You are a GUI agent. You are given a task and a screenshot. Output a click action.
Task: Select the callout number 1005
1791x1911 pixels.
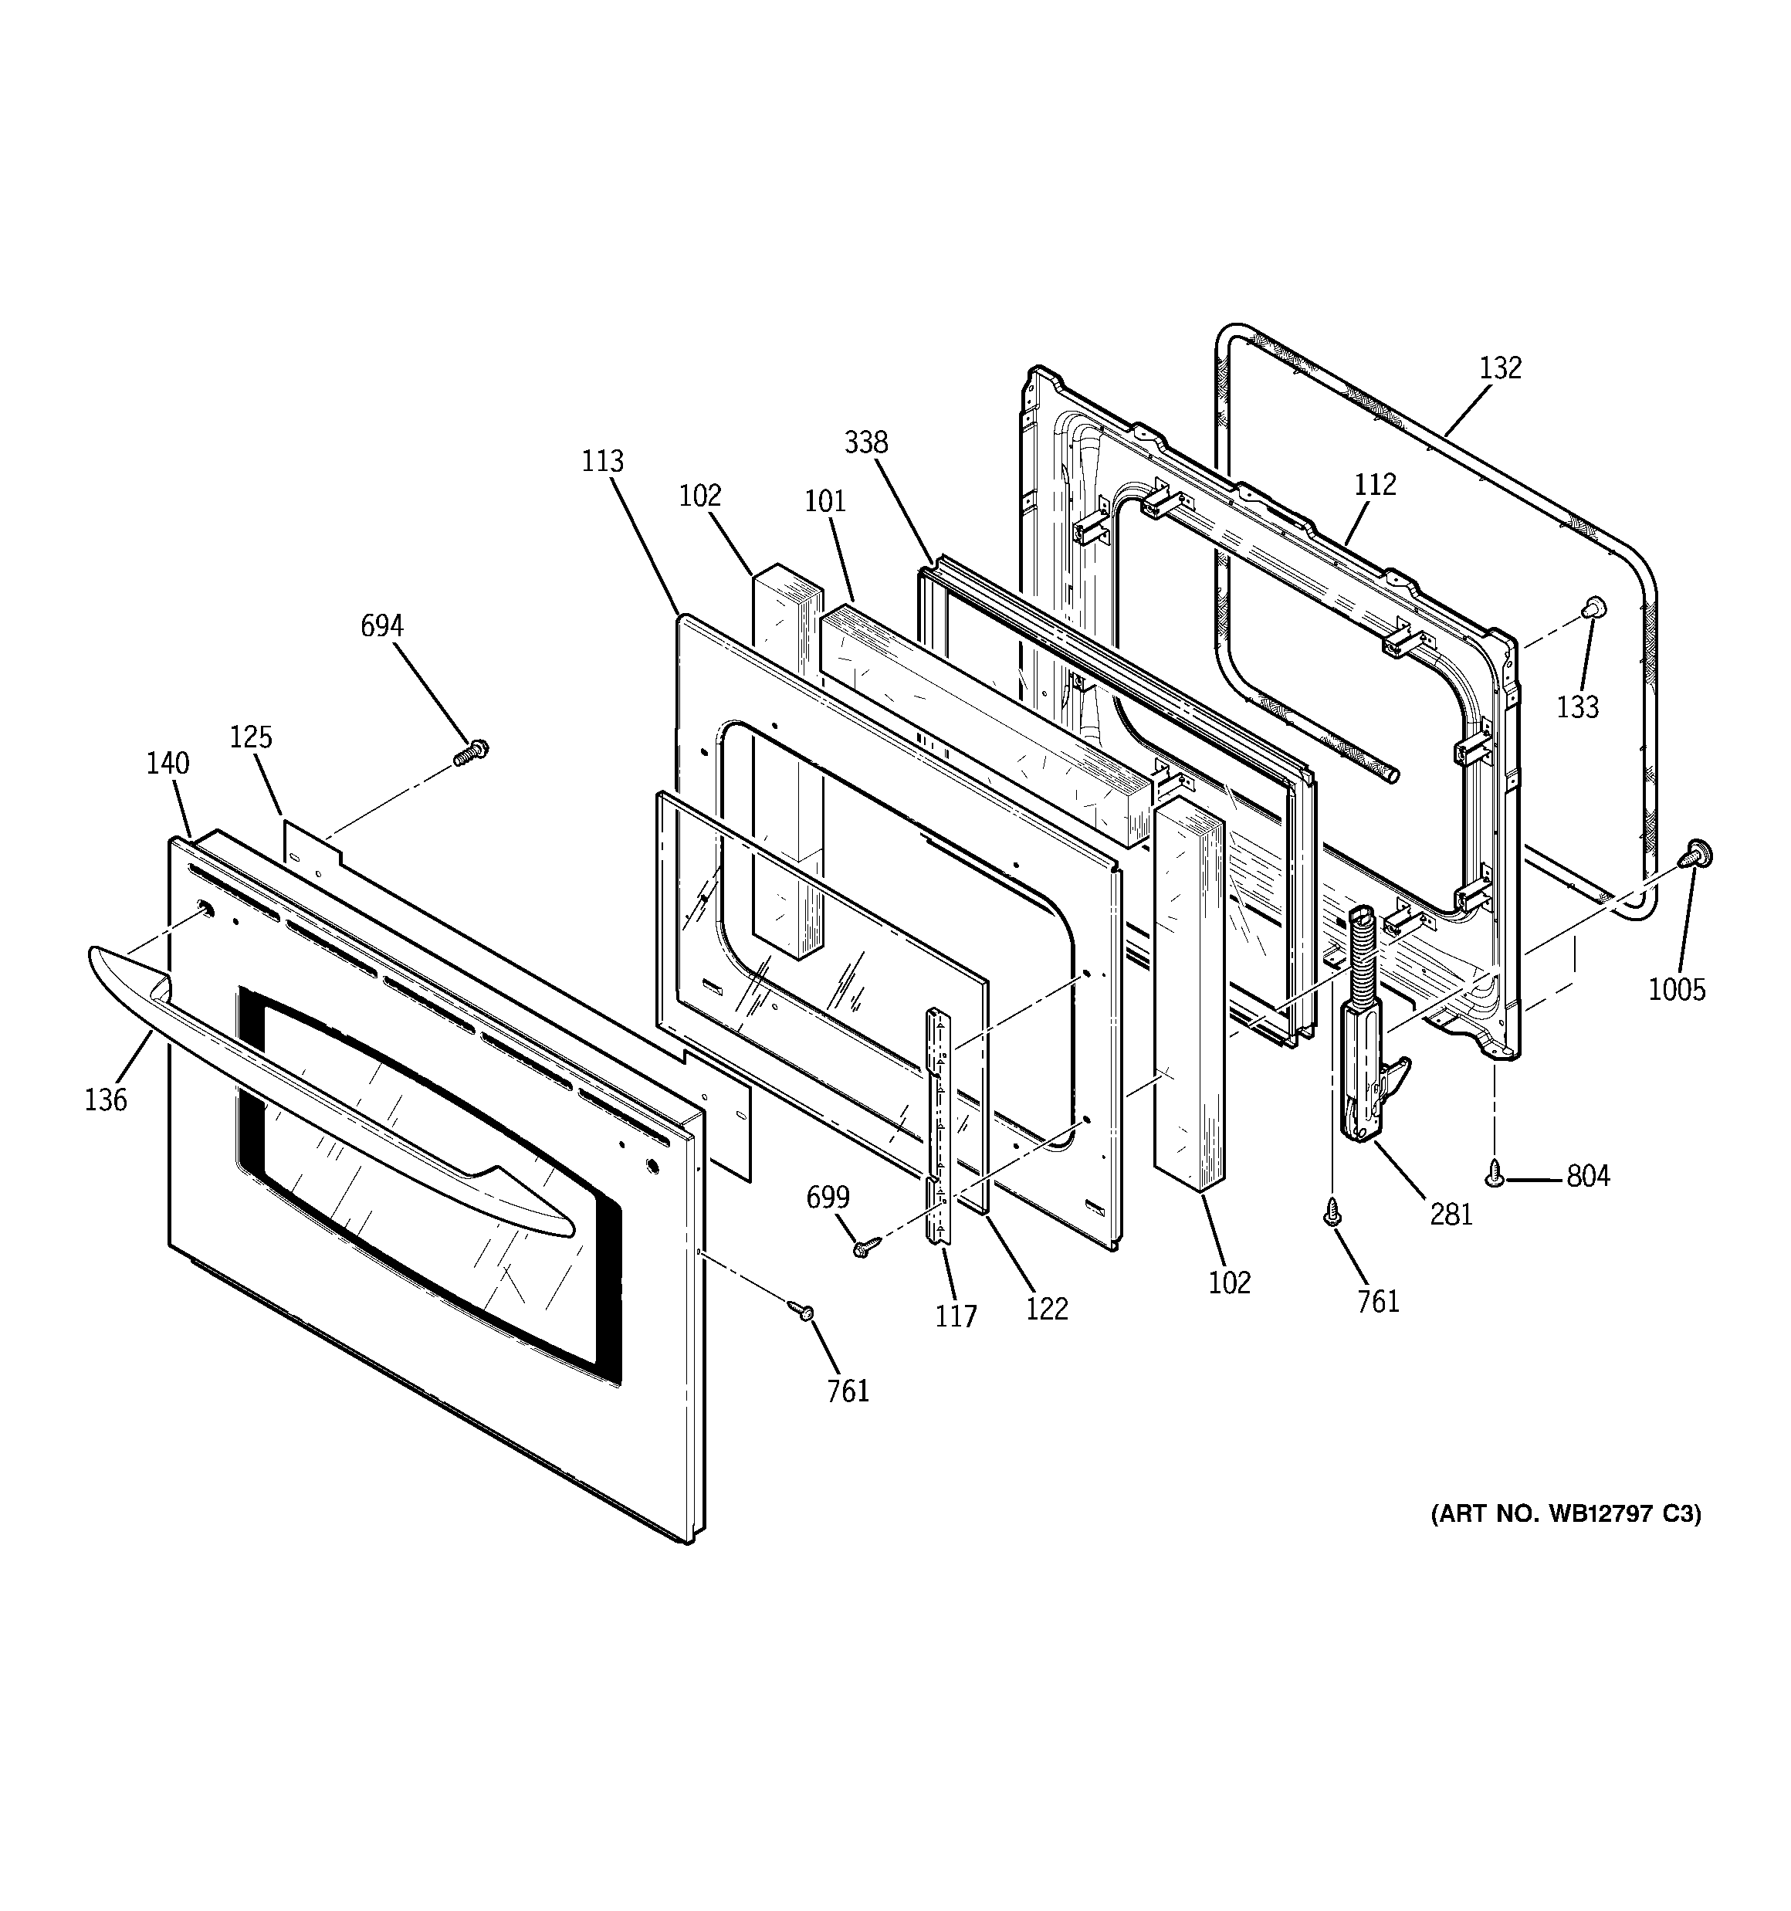pyautogui.click(x=1677, y=989)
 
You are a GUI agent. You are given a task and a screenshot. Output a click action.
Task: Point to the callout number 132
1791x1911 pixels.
pyautogui.click(x=1500, y=368)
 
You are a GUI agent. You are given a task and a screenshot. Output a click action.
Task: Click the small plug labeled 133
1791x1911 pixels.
pyautogui.click(x=1593, y=605)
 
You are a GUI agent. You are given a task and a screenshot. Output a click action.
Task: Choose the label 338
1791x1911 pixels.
pyautogui.click(x=866, y=443)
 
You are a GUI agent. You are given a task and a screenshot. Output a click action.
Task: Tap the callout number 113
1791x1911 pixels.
pyautogui.click(x=603, y=462)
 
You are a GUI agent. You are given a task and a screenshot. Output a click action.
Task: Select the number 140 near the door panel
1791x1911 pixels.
pyautogui.click(x=168, y=764)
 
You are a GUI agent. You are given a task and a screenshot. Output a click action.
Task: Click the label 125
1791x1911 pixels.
pyautogui.click(x=251, y=737)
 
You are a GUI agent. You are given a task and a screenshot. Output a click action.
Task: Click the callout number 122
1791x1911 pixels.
pyautogui.click(x=1046, y=1308)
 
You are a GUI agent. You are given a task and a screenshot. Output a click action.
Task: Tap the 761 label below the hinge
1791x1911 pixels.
pyautogui.click(x=1378, y=1302)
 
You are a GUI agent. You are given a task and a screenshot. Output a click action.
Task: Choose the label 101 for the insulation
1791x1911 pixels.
pyautogui.click(x=824, y=501)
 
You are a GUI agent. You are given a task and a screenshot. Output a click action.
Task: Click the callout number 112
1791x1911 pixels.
pyautogui.click(x=1375, y=484)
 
